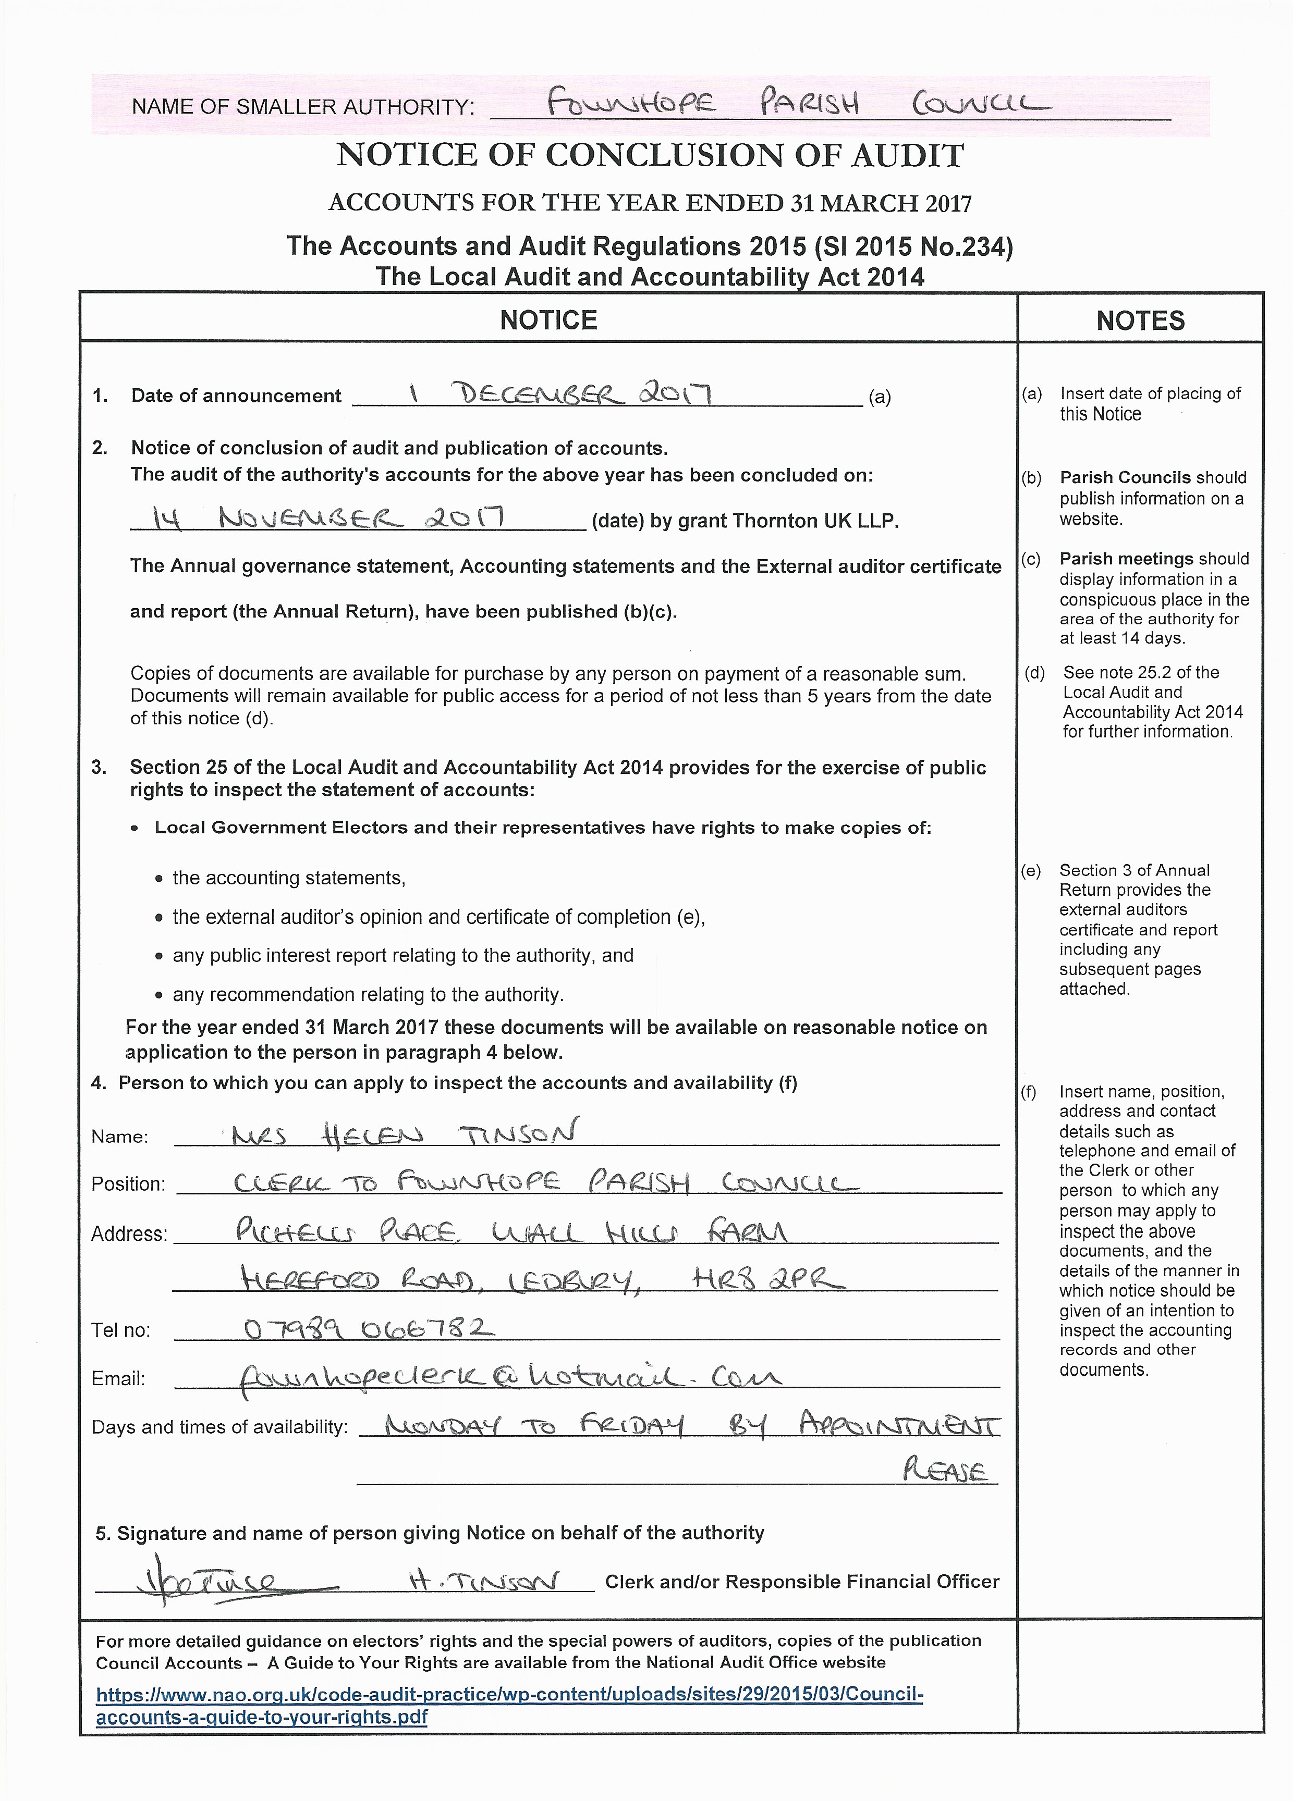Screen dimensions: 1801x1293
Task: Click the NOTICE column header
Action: click(548, 320)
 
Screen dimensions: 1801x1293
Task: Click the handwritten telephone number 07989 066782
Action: click(369, 1328)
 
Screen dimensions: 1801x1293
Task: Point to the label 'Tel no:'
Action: click(121, 1330)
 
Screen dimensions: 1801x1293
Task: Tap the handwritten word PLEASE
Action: click(945, 1472)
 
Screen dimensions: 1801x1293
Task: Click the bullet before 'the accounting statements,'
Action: click(160, 878)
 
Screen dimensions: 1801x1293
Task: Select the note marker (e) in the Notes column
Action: click(1031, 870)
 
